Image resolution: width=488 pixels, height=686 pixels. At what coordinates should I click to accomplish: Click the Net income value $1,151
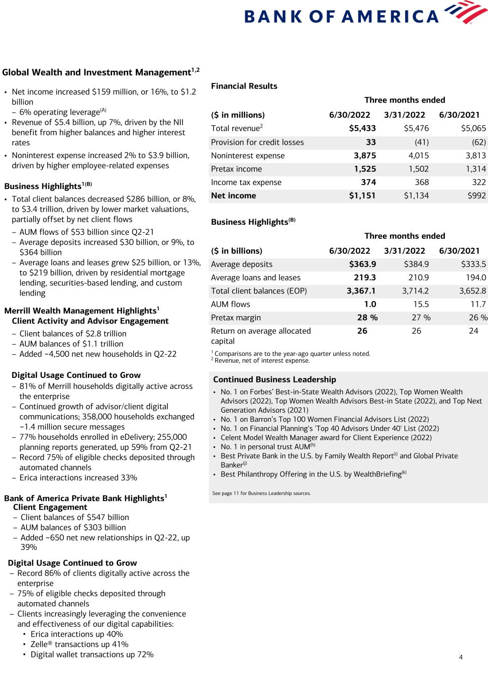click(362, 196)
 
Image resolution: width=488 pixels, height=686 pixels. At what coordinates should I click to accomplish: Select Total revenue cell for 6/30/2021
click(473, 129)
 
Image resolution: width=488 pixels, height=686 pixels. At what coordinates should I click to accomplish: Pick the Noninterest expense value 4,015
click(418, 156)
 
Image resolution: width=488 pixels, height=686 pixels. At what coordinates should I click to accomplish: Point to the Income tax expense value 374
click(368, 182)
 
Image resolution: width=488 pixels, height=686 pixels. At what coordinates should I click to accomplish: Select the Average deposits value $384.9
click(416, 264)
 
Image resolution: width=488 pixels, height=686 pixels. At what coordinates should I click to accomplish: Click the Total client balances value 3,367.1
click(361, 291)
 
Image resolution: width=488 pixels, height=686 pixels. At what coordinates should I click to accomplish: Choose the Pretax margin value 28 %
click(367, 318)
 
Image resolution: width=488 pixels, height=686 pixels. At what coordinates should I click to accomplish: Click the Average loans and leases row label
click(255, 278)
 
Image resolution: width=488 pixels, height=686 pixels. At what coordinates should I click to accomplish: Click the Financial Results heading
click(244, 86)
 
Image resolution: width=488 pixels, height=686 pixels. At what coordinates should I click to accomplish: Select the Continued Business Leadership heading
click(274, 380)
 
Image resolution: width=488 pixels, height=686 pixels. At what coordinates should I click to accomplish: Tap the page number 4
click(460, 657)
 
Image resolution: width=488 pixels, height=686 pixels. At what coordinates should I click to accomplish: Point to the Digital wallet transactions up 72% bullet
click(92, 655)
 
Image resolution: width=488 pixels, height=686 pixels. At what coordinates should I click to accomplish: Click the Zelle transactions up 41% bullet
click(79, 645)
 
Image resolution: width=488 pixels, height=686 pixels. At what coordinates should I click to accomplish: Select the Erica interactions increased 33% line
click(78, 478)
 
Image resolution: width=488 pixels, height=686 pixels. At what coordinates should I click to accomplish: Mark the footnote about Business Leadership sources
click(261, 494)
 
